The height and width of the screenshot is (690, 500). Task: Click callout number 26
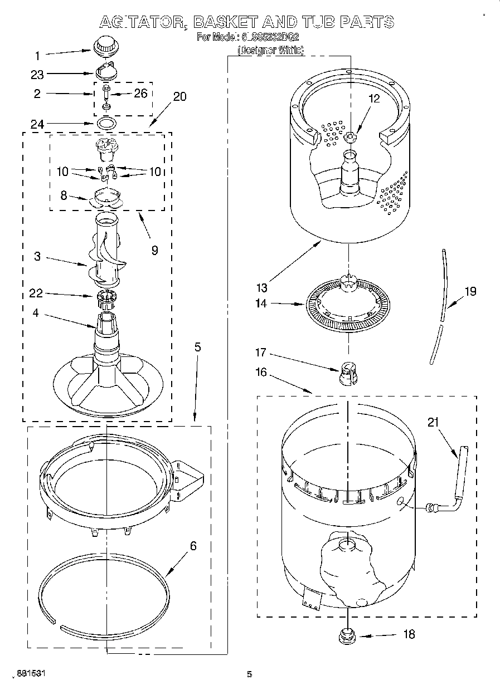tap(141, 93)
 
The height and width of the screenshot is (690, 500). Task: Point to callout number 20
tap(180, 96)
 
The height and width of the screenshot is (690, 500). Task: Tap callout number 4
tap(36, 313)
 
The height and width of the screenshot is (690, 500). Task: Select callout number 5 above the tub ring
tap(197, 347)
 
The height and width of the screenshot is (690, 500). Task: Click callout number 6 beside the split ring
tap(193, 546)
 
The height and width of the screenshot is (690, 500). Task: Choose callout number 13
tap(262, 287)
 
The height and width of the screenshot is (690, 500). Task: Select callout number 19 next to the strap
tap(470, 290)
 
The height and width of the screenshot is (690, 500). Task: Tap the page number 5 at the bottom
tap(249, 674)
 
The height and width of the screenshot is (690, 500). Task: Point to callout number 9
tap(154, 250)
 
